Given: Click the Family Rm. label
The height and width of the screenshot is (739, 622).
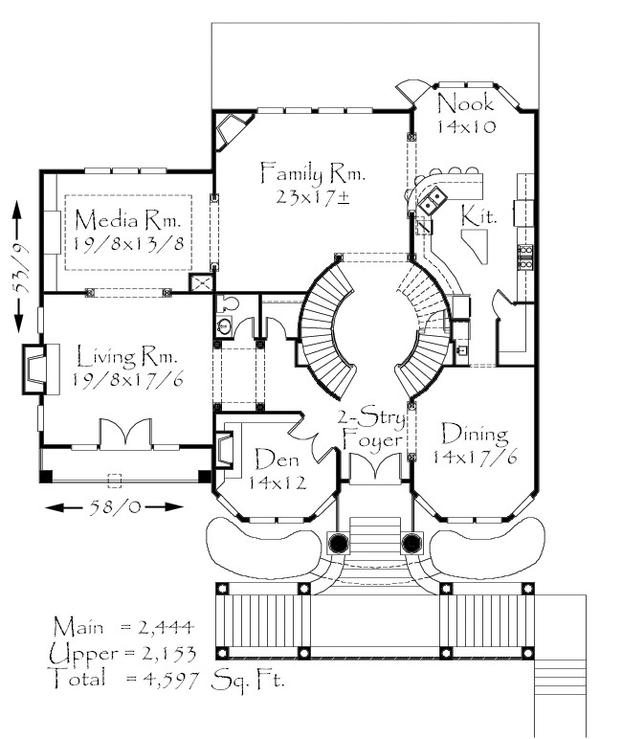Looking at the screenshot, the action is tap(313, 173).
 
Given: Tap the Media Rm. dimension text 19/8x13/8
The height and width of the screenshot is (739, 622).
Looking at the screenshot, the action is tap(128, 244).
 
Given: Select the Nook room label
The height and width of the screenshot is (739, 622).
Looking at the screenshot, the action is tap(466, 103).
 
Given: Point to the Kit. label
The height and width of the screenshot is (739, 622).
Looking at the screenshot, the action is tap(478, 215).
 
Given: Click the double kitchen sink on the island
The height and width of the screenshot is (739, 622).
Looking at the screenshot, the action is tap(433, 200).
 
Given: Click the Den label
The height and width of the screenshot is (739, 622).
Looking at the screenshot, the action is tap(277, 459).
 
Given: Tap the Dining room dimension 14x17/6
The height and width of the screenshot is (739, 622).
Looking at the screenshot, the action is tap(475, 457).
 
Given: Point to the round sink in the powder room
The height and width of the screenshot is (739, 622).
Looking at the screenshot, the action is tap(224, 325).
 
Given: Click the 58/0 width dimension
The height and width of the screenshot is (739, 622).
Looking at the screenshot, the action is tap(115, 507).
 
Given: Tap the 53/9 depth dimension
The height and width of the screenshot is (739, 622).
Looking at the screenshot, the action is tap(19, 267).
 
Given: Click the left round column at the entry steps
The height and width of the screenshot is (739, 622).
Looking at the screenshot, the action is tap(339, 543).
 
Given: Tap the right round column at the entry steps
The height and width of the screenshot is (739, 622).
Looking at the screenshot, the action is tap(411, 543).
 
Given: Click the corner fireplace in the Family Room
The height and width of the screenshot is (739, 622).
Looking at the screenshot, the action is tap(230, 128).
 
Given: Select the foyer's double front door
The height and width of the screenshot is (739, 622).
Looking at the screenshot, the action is tap(375, 467).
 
